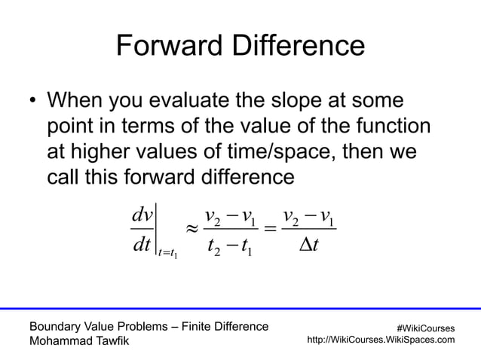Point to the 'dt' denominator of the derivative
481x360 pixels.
click(142, 246)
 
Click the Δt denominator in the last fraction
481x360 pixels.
click(308, 246)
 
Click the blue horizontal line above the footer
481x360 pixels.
click(240, 308)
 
